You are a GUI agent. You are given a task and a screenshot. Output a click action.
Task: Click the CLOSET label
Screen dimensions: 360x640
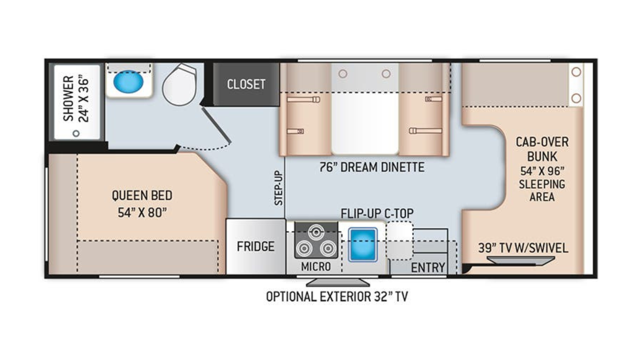coord(246,84)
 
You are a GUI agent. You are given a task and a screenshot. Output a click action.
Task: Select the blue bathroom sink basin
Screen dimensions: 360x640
coord(128,82)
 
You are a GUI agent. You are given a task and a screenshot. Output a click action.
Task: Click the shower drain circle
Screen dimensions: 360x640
coord(76,133)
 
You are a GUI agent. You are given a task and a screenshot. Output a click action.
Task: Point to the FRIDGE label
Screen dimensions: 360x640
coord(255,247)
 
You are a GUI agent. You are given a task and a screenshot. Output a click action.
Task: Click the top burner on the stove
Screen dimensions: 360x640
coord(316,232)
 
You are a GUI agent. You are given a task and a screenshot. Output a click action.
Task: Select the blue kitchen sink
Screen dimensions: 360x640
coord(362,245)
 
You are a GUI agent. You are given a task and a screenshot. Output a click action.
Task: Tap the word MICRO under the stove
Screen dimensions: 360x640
coord(316,267)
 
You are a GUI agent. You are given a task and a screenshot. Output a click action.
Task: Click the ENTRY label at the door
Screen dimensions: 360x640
coord(428,267)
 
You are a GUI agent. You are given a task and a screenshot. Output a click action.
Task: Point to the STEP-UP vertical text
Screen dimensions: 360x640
coord(278,188)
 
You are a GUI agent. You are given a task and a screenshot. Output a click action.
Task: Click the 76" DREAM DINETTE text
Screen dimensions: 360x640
coord(372,167)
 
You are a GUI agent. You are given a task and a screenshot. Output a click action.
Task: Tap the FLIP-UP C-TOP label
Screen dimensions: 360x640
coord(377,214)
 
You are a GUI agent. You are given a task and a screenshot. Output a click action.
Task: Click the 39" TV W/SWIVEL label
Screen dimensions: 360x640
coord(523,248)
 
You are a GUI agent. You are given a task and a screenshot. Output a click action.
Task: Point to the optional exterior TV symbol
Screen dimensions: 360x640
coord(337,282)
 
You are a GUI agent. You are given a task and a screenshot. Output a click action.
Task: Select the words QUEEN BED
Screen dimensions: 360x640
coord(142,196)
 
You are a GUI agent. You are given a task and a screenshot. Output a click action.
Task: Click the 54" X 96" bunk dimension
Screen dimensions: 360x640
coord(542,171)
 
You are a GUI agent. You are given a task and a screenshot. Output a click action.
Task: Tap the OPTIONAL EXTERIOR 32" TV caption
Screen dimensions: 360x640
coord(337,297)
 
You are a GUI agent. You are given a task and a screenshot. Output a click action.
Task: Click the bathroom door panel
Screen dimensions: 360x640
coord(216,125)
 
